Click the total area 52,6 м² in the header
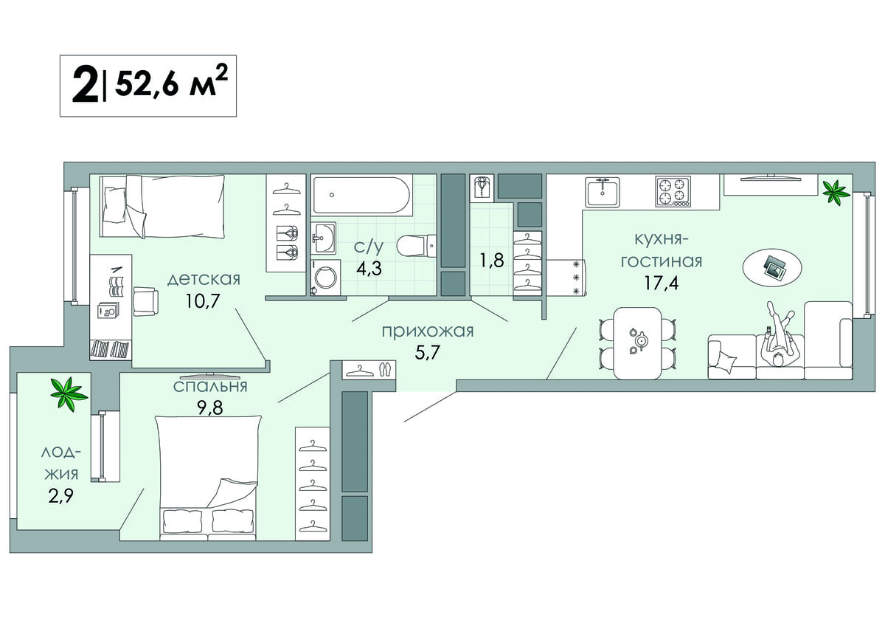171,83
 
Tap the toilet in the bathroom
416,246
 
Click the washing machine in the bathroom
325,278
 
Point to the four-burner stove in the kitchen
673,191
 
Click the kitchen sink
603,192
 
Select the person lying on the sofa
777,336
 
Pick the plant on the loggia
69,394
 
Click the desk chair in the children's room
145,301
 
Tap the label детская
204,280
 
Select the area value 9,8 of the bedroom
210,407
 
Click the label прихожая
428,331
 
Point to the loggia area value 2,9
60,495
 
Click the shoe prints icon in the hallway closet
384,370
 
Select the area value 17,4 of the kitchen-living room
662,283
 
